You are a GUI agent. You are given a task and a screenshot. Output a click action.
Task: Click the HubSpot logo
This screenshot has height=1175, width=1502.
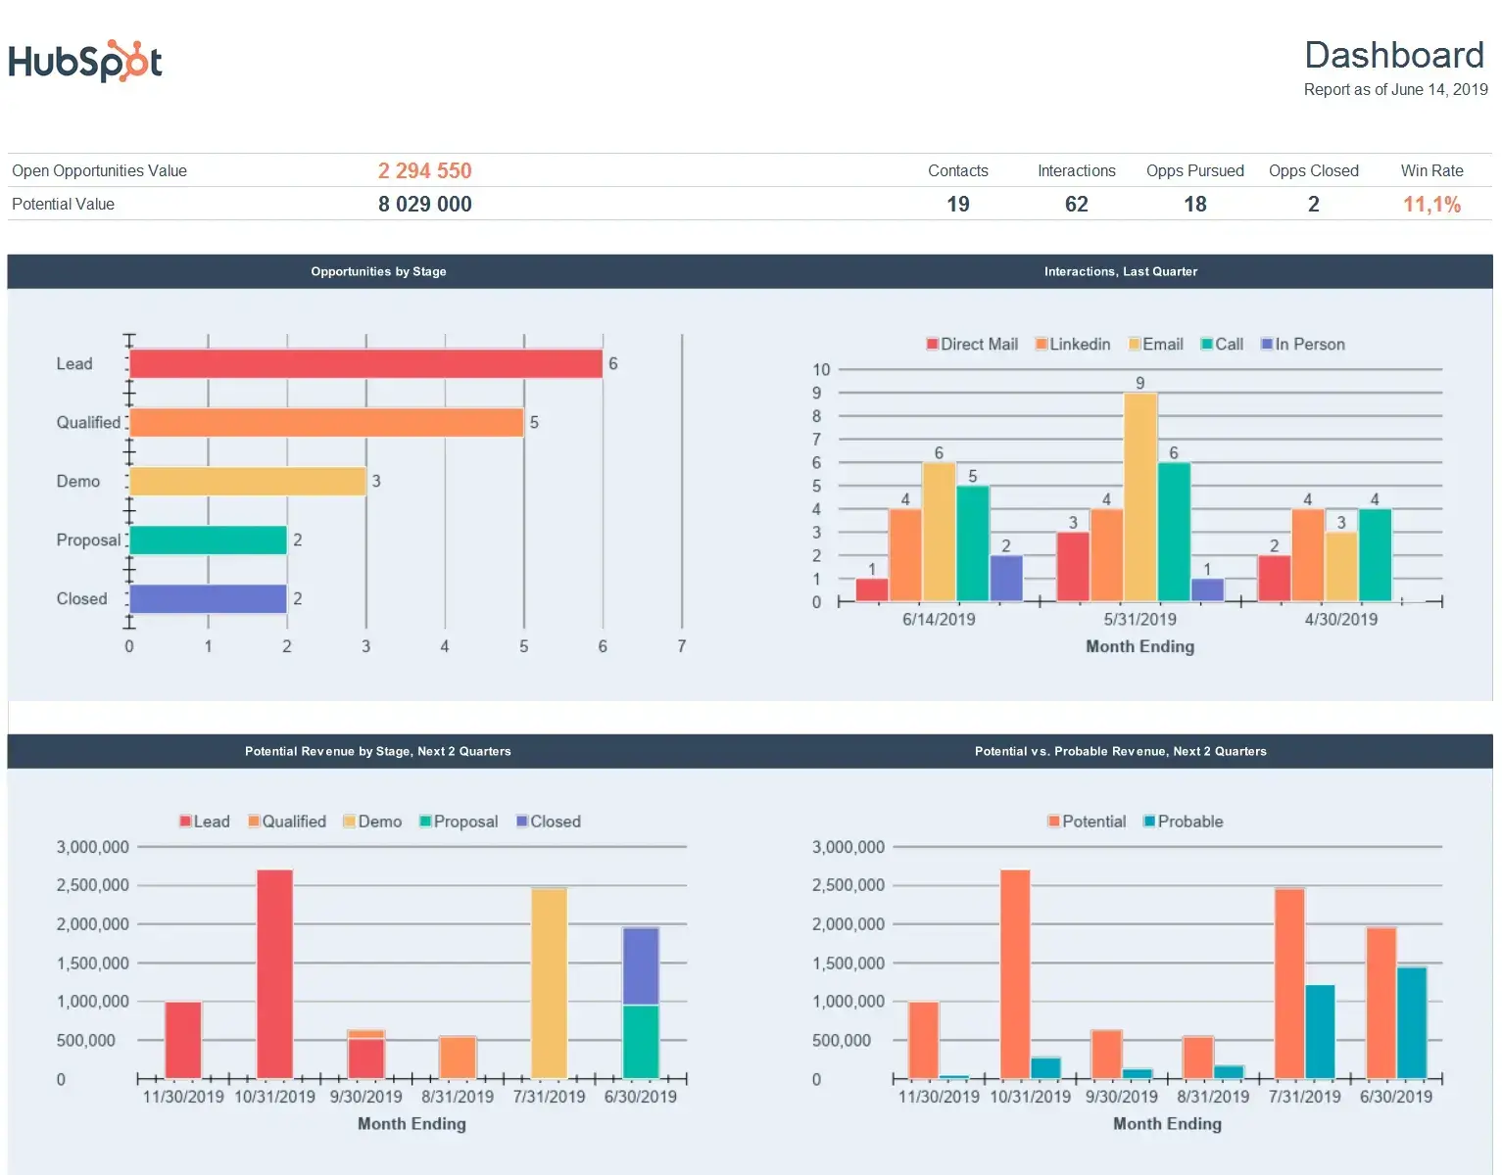click(85, 62)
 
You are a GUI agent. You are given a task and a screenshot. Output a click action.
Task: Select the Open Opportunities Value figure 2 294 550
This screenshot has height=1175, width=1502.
click(424, 171)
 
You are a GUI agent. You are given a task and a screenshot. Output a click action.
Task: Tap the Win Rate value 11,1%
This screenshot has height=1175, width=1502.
click(1430, 205)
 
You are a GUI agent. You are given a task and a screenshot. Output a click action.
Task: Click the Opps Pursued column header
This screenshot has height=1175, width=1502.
click(1194, 171)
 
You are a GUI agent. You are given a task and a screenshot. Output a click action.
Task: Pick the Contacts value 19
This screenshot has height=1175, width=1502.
click(957, 205)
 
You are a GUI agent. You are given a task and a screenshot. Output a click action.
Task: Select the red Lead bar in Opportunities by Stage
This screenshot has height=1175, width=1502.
click(365, 364)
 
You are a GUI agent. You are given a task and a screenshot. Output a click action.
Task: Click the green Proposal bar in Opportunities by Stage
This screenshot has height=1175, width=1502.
click(208, 540)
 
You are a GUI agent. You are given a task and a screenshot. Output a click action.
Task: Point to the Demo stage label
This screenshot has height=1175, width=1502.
click(78, 482)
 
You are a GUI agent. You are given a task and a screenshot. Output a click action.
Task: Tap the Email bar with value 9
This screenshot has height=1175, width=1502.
click(1139, 497)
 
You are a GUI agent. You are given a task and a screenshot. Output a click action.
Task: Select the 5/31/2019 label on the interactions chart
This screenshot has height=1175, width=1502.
click(1139, 620)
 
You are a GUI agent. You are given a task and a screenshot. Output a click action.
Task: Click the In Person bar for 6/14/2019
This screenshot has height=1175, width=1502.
click(1005, 579)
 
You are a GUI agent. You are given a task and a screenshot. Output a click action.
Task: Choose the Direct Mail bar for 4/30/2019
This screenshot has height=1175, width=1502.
click(1274, 579)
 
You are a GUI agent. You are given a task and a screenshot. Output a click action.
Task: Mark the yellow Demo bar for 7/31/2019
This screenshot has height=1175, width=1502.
click(549, 983)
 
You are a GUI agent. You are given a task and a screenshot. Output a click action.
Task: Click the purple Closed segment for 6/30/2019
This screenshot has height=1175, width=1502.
click(641, 965)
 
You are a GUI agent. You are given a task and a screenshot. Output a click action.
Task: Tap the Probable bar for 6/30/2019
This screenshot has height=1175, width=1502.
click(1411, 1023)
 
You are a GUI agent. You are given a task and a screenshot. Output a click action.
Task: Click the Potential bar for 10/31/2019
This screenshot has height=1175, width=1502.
click(1014, 974)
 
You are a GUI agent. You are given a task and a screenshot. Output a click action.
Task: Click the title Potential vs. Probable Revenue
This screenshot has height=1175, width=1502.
click(1120, 752)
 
